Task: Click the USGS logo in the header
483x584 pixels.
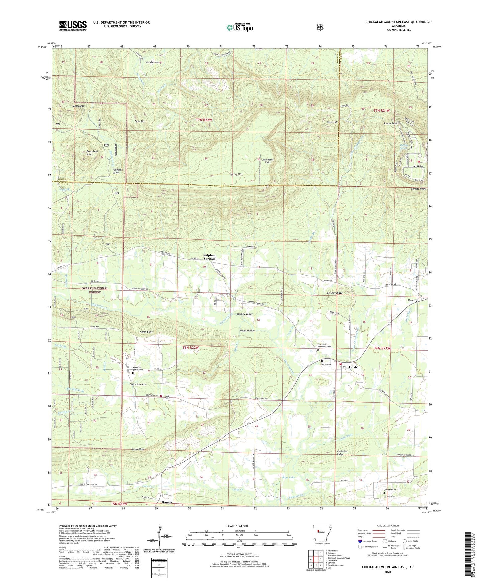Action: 73,25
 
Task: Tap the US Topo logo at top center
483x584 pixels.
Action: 239,27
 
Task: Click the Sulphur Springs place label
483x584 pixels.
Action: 209,257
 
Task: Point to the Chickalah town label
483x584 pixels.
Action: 350,367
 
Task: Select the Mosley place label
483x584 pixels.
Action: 412,300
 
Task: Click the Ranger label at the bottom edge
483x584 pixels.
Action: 167,502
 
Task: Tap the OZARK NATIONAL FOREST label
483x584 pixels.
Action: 95,290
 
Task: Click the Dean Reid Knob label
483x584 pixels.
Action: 92,153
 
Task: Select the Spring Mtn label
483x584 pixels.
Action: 236,174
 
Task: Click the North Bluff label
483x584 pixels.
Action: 146,332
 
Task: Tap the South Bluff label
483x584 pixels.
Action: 138,449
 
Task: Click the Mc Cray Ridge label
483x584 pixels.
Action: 334,293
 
